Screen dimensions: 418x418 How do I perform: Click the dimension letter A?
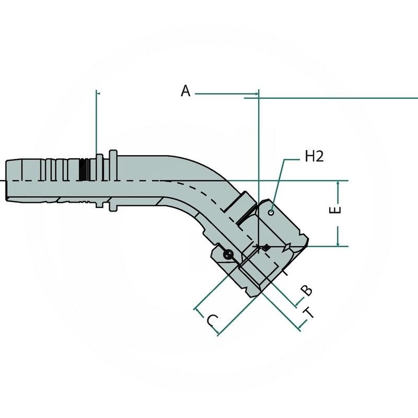tap(185, 91)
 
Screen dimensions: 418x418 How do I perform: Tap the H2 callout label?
tap(314, 156)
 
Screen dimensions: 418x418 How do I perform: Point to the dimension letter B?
tap(307, 290)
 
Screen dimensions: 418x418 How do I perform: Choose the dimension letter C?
tap(211, 320)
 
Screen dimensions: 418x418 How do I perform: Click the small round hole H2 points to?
tap(271, 212)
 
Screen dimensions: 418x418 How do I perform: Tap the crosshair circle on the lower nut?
tap(228, 255)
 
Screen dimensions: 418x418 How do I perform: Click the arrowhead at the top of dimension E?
tap(339, 183)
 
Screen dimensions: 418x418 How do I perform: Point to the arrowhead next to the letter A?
tap(256, 95)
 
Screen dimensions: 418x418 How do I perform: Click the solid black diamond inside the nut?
tap(266, 248)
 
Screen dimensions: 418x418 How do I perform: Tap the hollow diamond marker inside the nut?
tap(287, 247)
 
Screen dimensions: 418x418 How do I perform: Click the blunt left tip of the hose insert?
tap(7, 180)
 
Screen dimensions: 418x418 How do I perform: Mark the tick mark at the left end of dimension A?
tap(97, 94)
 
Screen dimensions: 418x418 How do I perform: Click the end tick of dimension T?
tap(301, 328)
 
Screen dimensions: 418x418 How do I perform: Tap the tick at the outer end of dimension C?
tap(198, 311)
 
